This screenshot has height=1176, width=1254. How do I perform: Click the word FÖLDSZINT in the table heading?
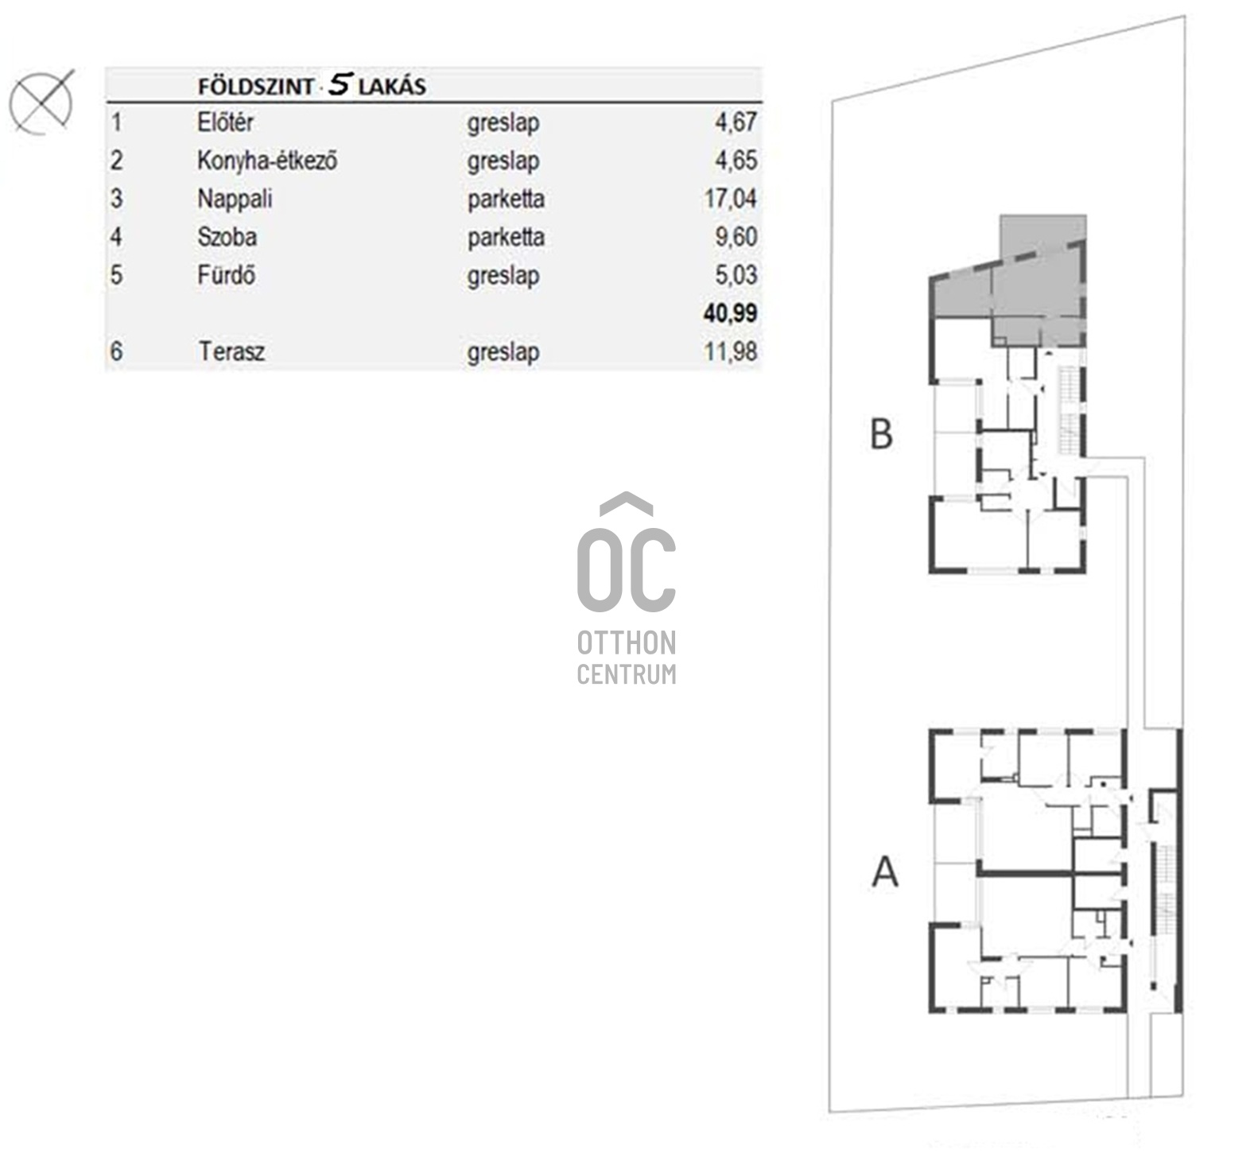coord(256,87)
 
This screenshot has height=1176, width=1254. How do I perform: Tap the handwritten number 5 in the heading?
coord(340,84)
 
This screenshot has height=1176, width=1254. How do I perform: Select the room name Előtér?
coord(225,122)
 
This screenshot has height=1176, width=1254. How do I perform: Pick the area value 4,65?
coord(736,161)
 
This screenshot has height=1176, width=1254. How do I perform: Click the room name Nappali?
coord(235,199)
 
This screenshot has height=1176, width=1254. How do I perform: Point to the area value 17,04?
coord(730,199)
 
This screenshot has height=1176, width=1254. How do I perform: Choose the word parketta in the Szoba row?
coord(506,238)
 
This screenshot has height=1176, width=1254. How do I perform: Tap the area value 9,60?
coord(736,237)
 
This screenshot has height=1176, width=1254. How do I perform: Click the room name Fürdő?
coord(227,275)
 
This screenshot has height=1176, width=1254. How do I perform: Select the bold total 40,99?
coord(730,313)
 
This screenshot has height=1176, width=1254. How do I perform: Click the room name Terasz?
coord(231,351)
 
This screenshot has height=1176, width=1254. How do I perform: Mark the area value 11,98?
coord(730,351)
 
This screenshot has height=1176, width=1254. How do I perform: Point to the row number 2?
coord(117,161)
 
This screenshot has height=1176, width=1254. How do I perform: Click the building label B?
coord(881,434)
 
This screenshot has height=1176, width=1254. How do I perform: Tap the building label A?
coord(885,871)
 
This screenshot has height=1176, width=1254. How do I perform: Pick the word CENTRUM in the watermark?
coord(627,674)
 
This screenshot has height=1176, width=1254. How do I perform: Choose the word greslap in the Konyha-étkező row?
coord(503,161)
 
